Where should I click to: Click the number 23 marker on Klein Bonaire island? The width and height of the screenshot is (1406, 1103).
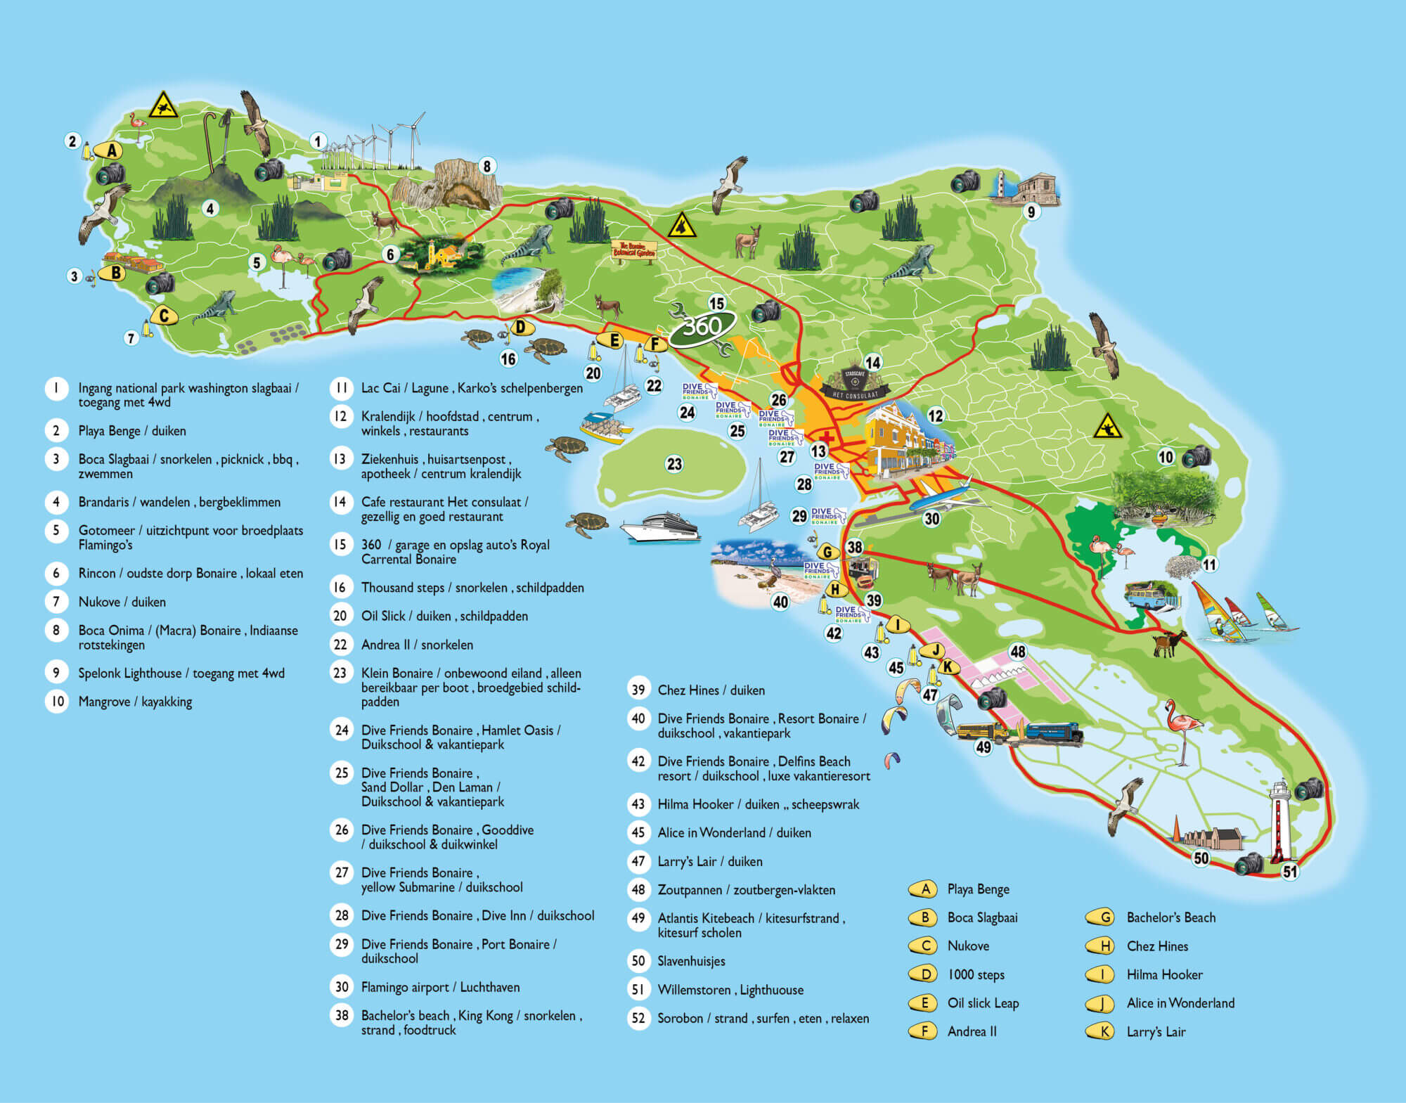pyautogui.click(x=674, y=464)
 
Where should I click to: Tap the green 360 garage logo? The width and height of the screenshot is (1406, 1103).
pyautogui.click(x=702, y=328)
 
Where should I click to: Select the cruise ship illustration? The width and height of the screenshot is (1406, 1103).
pyautogui.click(x=659, y=527)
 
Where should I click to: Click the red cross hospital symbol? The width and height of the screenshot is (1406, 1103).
pyautogui.click(x=827, y=438)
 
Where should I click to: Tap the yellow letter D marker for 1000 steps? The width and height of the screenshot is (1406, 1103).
pyautogui.click(x=521, y=327)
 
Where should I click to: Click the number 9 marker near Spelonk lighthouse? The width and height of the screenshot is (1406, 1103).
pyautogui.click(x=1031, y=211)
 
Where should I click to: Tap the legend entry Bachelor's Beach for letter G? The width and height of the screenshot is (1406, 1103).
pyautogui.click(x=1170, y=917)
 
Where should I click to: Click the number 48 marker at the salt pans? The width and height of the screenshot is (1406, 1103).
pyautogui.click(x=1017, y=652)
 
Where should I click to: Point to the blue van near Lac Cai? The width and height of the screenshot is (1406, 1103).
pyautogui.click(x=1144, y=595)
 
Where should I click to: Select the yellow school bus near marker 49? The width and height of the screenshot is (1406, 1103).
pyautogui.click(x=981, y=731)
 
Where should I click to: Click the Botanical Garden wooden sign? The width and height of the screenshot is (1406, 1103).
pyautogui.click(x=634, y=251)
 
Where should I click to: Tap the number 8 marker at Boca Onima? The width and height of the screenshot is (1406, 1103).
pyautogui.click(x=486, y=166)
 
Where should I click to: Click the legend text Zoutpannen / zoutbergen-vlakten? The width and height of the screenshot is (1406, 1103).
pyautogui.click(x=746, y=890)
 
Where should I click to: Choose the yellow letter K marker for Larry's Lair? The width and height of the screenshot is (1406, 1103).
pyautogui.click(x=948, y=667)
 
